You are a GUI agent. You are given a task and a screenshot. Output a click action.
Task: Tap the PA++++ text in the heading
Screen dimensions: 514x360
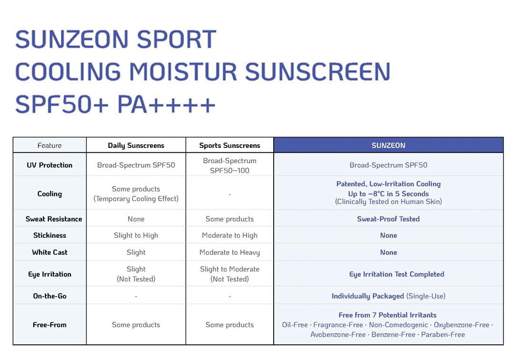point(166,105)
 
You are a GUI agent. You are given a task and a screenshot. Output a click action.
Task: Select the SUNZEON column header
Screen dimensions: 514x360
point(388,146)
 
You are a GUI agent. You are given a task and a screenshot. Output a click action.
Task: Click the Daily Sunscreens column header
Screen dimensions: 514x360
point(136,146)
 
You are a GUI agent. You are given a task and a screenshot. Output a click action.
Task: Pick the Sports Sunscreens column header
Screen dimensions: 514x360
point(230,146)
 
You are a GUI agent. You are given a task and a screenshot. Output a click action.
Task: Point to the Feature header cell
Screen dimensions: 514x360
point(49,146)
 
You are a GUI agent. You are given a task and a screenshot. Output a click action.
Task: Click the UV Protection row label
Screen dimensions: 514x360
point(49,165)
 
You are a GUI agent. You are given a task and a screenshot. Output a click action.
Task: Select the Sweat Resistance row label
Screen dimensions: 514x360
point(54,219)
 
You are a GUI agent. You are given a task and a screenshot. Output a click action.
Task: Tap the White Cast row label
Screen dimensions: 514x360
point(49,252)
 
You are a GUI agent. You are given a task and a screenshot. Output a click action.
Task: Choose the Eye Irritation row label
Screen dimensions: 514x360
point(49,274)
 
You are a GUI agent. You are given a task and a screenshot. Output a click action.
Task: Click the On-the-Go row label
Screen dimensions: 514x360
point(49,296)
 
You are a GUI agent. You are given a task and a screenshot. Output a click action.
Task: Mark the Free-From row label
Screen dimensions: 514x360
point(49,325)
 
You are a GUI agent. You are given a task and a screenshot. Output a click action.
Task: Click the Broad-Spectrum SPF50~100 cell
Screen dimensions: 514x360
point(230,165)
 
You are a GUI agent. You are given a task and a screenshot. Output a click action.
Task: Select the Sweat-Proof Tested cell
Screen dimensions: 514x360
point(388,219)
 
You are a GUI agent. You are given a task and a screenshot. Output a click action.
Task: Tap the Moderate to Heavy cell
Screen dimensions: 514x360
point(230,253)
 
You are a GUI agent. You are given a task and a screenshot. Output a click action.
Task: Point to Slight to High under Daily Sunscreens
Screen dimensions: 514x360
point(136,235)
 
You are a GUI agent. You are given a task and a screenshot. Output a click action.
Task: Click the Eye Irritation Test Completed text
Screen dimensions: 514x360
point(396,274)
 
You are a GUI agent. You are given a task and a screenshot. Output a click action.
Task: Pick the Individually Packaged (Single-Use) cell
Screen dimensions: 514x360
point(388,296)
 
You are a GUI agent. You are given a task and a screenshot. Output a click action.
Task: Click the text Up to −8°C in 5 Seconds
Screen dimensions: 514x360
point(388,194)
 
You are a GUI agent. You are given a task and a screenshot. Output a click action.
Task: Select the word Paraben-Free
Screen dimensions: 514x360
point(443,334)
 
